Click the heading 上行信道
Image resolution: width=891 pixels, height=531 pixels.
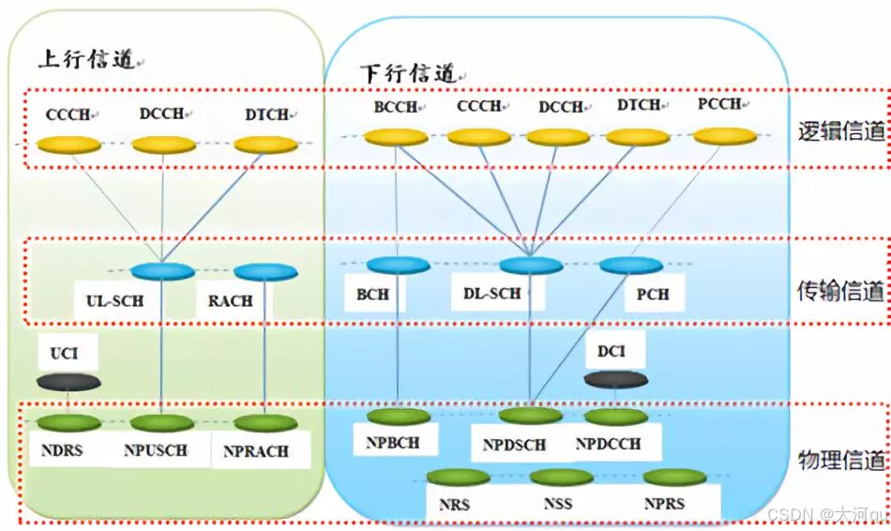[x=86, y=59]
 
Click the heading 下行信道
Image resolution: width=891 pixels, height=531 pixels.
[x=409, y=72]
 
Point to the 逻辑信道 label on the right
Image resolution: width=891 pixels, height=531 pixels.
[x=841, y=130]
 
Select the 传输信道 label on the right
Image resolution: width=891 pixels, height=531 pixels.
[x=841, y=292]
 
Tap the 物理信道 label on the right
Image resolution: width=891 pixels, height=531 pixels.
[x=841, y=461]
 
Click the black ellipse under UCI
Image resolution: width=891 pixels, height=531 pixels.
[x=68, y=382]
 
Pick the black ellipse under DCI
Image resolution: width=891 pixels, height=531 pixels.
[x=615, y=379]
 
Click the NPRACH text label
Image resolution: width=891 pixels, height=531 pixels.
[x=256, y=451]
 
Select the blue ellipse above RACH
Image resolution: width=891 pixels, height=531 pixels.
[x=265, y=272]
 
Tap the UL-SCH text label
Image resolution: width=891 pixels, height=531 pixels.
[x=106, y=301]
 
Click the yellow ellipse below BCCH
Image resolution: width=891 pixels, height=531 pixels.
[x=396, y=138]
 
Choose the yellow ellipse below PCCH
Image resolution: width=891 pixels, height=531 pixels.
[x=724, y=137]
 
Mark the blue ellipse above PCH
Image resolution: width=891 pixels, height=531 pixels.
[x=630, y=265]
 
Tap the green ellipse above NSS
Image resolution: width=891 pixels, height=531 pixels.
[x=562, y=478]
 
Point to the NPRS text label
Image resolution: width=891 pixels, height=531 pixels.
[x=664, y=504]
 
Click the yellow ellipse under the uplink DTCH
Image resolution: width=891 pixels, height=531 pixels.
[x=264, y=145]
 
